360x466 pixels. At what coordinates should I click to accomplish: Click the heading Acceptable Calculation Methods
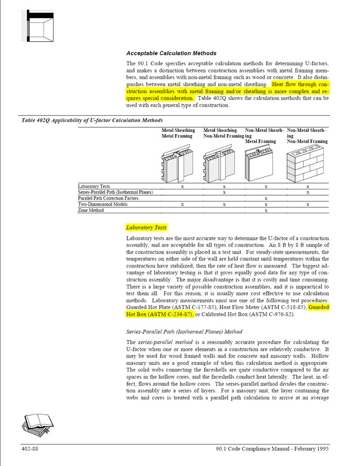tap(171, 53)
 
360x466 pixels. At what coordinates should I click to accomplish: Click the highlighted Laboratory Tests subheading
tap(146, 228)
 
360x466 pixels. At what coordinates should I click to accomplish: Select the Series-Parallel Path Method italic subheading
tap(184, 332)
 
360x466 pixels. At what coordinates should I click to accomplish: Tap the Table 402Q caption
tap(92, 120)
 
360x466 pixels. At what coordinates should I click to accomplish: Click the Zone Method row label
tap(91, 210)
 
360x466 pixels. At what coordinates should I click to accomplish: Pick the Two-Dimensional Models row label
tap(103, 204)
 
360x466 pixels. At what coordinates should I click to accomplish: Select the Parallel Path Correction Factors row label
tap(108, 198)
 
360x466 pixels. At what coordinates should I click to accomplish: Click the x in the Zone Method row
tap(266, 210)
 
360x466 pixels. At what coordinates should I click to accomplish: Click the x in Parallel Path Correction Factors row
tap(266, 198)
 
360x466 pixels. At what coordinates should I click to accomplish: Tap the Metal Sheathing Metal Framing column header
tap(178, 133)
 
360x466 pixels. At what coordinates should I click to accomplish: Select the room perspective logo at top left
tap(37, 26)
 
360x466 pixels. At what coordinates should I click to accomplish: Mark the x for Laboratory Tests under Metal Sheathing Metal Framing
tap(182, 186)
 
